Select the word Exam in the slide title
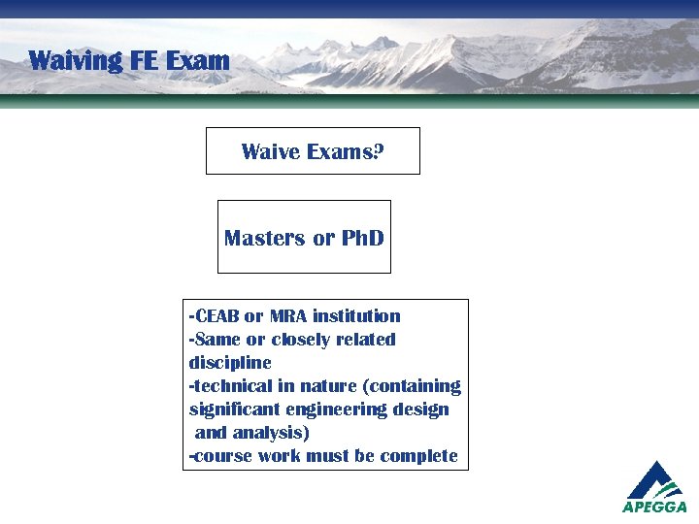click(198, 61)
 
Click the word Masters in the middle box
click(265, 238)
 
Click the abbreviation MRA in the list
click(288, 316)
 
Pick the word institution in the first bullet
click(356, 316)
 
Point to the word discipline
click(230, 363)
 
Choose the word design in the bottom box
click(421, 409)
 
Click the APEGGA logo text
click(654, 507)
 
